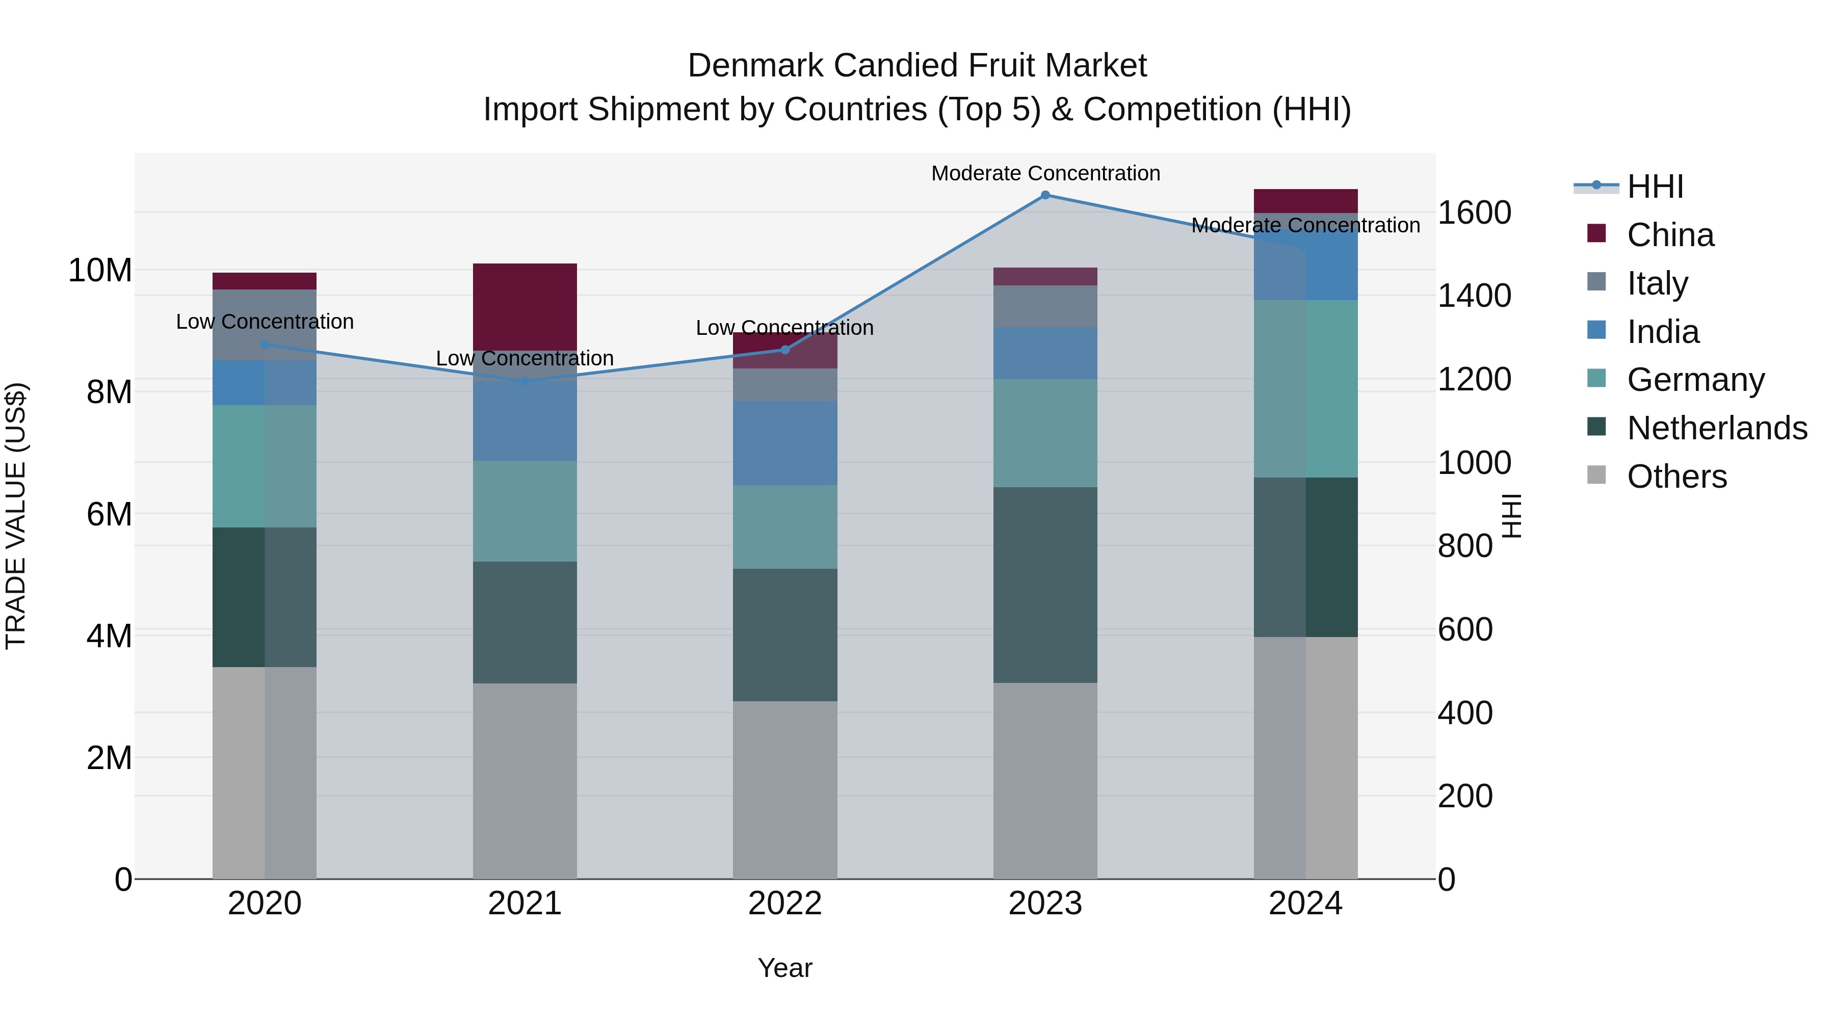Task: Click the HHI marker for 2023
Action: coord(1045,195)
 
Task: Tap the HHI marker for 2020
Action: coord(265,345)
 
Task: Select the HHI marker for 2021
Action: coord(525,381)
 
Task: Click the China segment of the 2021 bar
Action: coord(525,306)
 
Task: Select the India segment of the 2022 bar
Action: coord(785,443)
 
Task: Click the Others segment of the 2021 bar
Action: coord(525,781)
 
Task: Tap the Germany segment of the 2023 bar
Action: coord(1045,433)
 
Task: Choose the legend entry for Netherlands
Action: coord(1717,428)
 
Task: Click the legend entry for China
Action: coord(1670,235)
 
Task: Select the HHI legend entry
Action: coord(1654,187)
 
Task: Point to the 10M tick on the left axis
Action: coord(100,271)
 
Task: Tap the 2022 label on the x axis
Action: coord(785,904)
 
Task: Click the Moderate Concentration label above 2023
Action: coord(1045,173)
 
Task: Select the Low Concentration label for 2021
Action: coord(525,358)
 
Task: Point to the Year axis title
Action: coord(785,968)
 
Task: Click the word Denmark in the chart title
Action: coord(756,66)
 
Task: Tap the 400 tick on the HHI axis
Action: coord(1464,712)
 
